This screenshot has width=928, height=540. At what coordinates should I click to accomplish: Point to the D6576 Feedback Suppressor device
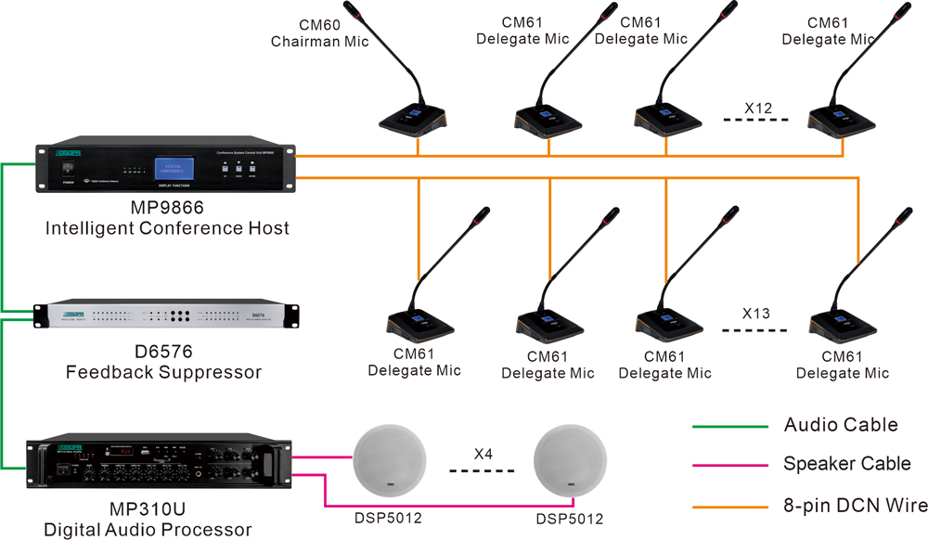tap(168, 315)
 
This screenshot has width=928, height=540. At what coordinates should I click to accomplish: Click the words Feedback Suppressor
tap(163, 372)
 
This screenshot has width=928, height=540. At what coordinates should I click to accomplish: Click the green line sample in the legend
tap(729, 427)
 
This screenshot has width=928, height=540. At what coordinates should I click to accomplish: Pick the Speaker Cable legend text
tap(847, 464)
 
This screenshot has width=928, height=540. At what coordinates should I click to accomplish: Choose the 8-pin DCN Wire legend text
tap(855, 506)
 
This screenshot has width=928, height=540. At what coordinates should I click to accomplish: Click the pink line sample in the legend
tap(729, 466)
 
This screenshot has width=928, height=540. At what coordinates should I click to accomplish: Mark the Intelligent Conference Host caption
tap(168, 227)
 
